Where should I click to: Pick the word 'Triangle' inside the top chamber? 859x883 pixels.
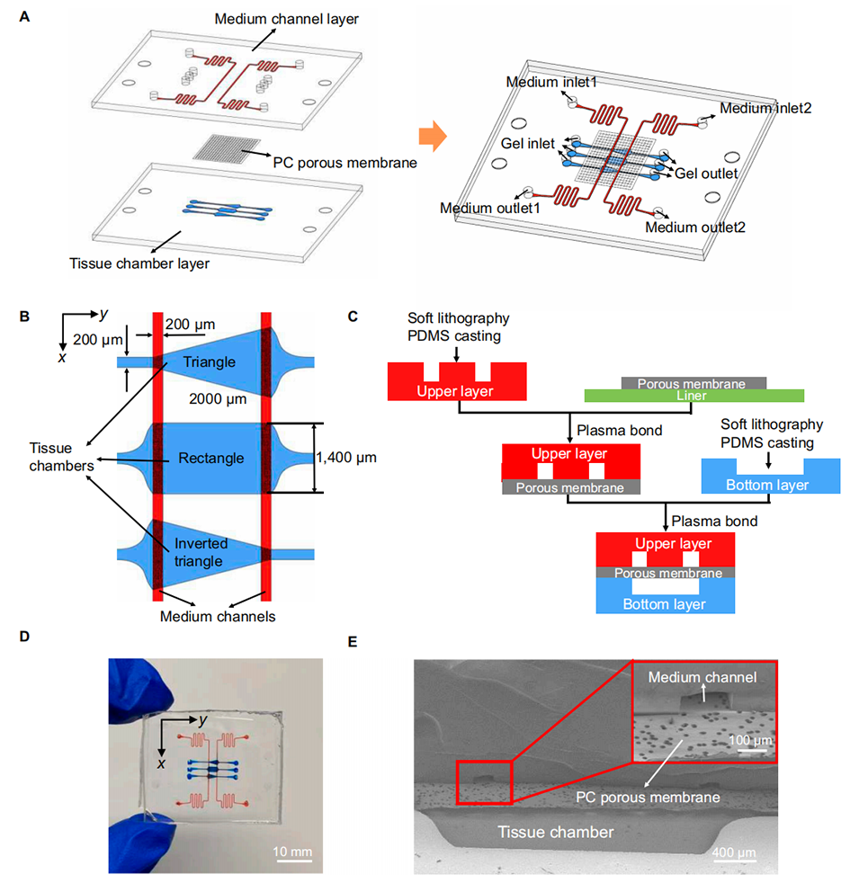point(209,361)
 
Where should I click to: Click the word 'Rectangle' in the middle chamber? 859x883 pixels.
point(210,458)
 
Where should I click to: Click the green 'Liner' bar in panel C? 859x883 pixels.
point(693,395)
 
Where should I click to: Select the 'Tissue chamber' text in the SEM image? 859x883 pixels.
point(556,833)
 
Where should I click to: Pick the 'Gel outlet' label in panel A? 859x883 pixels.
point(707,174)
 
